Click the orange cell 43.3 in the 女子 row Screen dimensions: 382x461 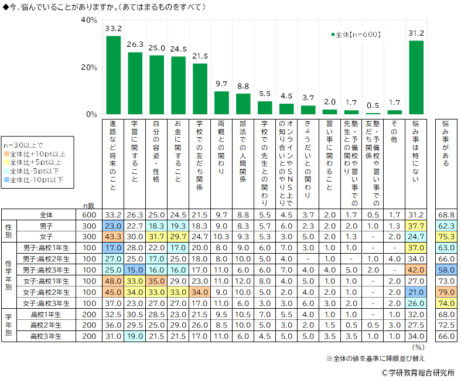pos(113,236)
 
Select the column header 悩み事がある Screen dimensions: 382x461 pos(445,144)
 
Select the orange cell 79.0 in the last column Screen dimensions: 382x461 pos(445,293)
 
